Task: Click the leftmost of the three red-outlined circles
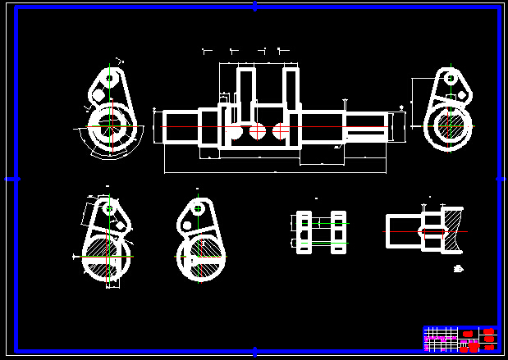[235, 130]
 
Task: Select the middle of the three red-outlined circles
[258, 130]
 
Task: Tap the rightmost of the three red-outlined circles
[281, 130]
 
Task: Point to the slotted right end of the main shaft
[366, 128]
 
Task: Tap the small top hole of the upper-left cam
[108, 80]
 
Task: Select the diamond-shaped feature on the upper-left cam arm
[98, 95]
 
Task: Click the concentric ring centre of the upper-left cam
[108, 126]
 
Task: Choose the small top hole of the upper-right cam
[450, 78]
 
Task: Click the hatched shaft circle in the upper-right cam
[449, 127]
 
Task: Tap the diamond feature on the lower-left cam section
[121, 225]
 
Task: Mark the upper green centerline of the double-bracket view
[322, 223]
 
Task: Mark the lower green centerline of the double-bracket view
[322, 243]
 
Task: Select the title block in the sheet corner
[460, 338]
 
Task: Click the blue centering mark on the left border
[12, 178]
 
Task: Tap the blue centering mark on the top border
[254, 7]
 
